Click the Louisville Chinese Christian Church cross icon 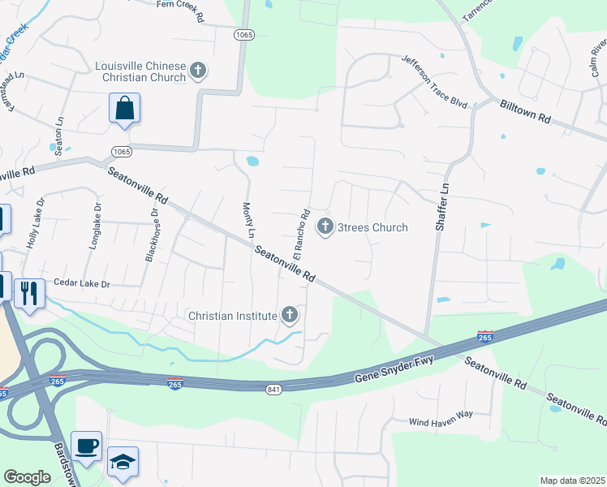pos(198,72)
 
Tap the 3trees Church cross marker pos(325,226)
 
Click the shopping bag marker pos(124,109)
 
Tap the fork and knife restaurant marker pos(29,293)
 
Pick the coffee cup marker pos(86,446)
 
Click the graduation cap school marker pos(123,462)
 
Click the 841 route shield pos(273,390)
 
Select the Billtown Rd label pos(525,113)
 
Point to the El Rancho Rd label pos(302,235)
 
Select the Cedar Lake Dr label pos(81,283)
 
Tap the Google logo pos(27,477)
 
